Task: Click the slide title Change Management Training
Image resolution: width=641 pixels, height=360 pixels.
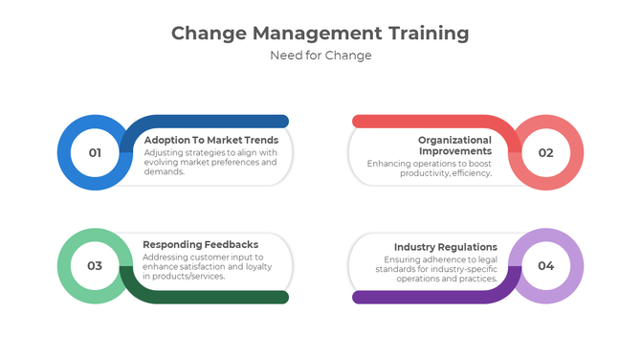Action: click(x=320, y=34)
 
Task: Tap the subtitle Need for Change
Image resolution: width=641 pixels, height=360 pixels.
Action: click(x=320, y=56)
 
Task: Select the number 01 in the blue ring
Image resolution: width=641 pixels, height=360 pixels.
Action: click(x=95, y=152)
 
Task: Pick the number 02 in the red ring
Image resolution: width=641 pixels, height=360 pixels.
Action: click(x=545, y=152)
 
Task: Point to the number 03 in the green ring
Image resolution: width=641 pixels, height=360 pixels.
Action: click(x=95, y=265)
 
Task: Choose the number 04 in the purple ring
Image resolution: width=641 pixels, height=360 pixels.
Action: click(x=545, y=265)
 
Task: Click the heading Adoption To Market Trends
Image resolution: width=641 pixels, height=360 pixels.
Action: click(x=210, y=140)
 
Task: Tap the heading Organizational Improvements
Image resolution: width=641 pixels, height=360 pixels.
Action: click(x=454, y=146)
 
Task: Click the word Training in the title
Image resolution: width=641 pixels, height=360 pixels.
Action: click(x=429, y=34)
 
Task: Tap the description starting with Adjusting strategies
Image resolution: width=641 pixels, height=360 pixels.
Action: click(x=210, y=162)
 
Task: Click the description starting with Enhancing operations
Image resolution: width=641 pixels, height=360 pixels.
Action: click(x=430, y=168)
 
